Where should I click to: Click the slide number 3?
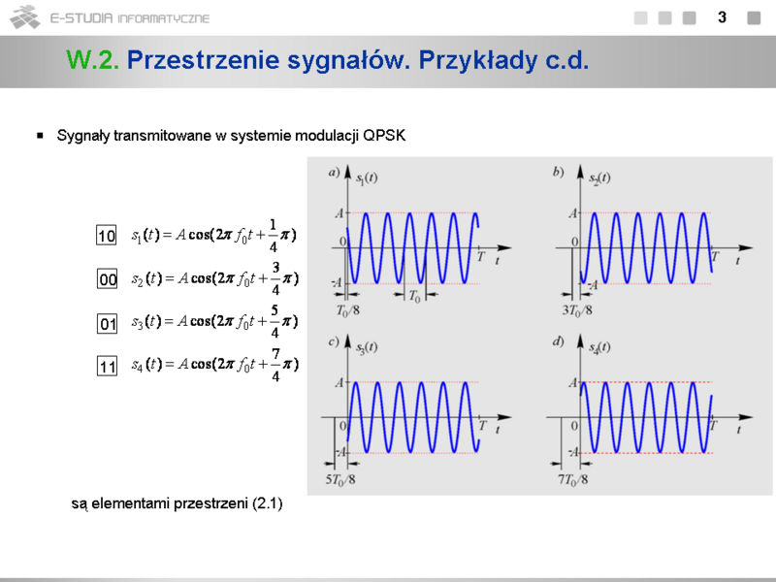(722, 17)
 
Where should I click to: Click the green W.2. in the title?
(92, 60)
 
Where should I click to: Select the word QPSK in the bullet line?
(384, 135)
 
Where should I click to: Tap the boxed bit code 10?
(107, 235)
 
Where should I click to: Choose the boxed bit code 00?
(107, 278)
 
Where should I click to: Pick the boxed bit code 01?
(107, 324)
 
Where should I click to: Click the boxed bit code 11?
(107, 367)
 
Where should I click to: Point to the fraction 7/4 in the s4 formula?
(275, 365)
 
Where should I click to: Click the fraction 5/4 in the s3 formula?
(275, 322)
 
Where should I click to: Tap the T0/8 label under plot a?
(348, 310)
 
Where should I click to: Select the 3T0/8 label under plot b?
(577, 310)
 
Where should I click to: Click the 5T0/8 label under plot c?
(340, 479)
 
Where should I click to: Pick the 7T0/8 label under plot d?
(573, 479)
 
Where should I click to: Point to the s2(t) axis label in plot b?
(599, 178)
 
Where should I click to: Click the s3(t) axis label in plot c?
(367, 347)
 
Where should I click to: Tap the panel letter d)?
(559, 341)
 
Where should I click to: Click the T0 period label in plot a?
(415, 297)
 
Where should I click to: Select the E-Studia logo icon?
(25, 17)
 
